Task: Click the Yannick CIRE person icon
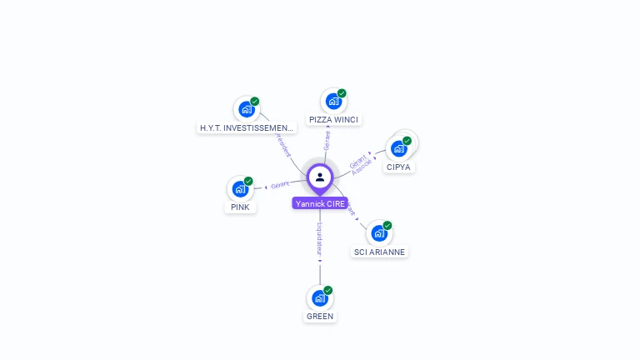[320, 177]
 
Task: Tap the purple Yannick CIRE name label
[320, 203]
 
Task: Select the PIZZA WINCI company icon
[333, 102]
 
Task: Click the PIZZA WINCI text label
[333, 120]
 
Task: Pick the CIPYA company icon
[399, 148]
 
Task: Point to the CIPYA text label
[399, 167]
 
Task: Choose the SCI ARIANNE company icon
[380, 233]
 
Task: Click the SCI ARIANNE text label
[380, 252]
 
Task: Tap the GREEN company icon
[320, 297]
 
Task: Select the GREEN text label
[320, 316]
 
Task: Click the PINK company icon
[240, 188]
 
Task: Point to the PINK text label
[240, 207]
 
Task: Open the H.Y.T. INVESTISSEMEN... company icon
[246, 109]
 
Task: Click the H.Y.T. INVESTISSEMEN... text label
[247, 128]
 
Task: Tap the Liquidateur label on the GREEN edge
[319, 239]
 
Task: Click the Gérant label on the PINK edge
[280, 184]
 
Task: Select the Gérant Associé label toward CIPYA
[360, 163]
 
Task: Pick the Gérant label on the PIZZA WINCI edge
[327, 139]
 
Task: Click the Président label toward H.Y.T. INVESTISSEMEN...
[282, 143]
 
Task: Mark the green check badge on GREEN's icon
[327, 290]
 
